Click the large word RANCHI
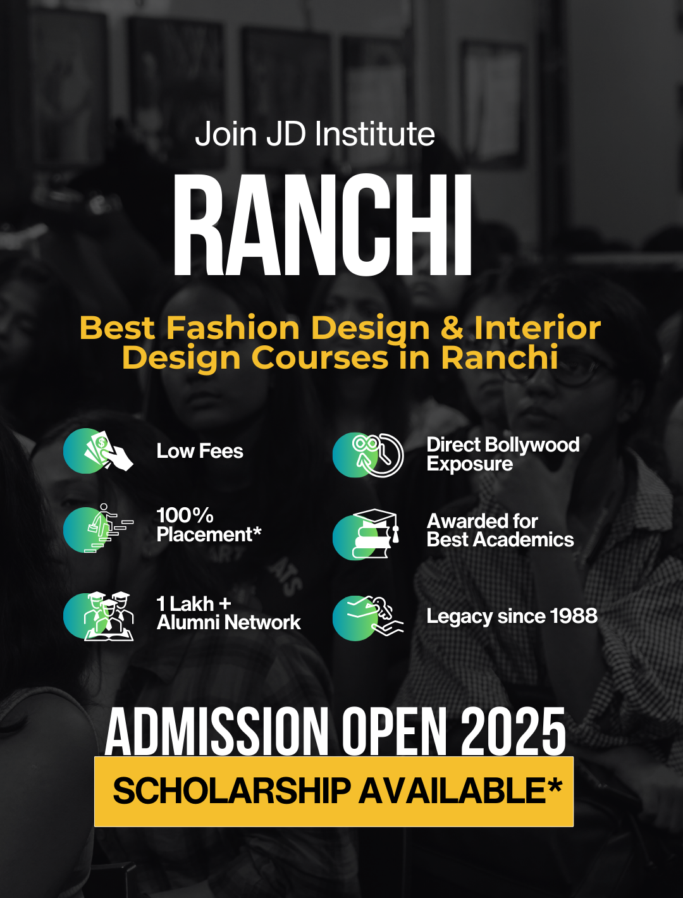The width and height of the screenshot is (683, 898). [x=323, y=225]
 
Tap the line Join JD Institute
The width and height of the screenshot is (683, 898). [x=314, y=134]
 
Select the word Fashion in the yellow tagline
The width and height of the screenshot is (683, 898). [x=233, y=328]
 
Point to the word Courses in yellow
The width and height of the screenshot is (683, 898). [x=322, y=357]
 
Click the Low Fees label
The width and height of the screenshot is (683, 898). [x=200, y=452]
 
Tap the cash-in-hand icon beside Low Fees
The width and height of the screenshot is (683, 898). [x=99, y=451]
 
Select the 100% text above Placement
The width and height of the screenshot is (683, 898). [x=185, y=515]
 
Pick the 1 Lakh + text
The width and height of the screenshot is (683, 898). [x=194, y=604]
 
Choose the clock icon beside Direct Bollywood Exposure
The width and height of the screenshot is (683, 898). [x=368, y=455]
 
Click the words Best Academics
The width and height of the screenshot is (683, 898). [x=500, y=539]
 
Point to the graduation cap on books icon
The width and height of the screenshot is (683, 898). [x=366, y=534]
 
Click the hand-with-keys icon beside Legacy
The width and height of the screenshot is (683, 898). [x=368, y=618]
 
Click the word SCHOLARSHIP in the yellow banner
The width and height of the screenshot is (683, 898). [x=231, y=790]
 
